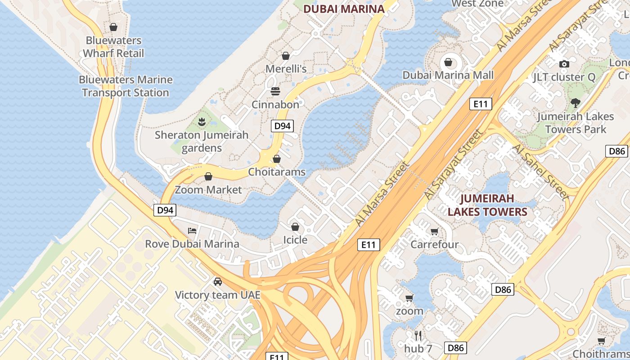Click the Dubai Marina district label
point(344,9)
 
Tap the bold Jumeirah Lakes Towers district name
point(487,205)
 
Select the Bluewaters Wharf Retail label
point(113,47)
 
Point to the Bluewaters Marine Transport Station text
point(126,86)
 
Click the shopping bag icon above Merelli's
point(285,56)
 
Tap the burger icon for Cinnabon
point(275,92)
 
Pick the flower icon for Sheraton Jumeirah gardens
point(202,121)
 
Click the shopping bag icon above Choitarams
point(277,159)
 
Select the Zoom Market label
point(208,189)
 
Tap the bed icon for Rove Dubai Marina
point(192,231)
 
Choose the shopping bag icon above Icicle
point(295,227)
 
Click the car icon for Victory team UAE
point(218,282)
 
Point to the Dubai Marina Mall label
point(448,75)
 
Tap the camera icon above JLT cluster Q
point(564,64)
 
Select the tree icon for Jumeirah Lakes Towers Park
point(575,103)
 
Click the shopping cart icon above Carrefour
point(434,232)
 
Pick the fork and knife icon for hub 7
point(418,335)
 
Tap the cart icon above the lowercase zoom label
point(409,298)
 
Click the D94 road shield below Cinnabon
point(283,126)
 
